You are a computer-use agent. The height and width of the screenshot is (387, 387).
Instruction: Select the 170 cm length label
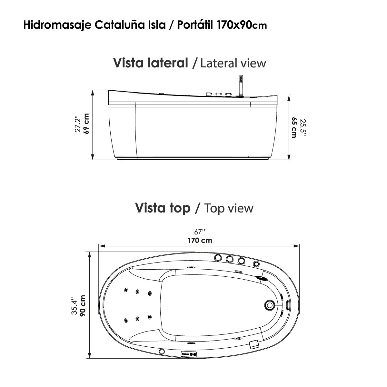point(200,240)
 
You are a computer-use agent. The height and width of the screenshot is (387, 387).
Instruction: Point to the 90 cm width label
point(83,305)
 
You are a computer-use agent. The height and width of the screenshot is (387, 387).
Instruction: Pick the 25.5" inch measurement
point(302,128)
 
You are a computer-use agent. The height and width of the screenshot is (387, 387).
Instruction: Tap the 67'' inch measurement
point(200,232)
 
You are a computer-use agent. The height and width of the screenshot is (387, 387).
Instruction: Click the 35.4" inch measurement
point(74,306)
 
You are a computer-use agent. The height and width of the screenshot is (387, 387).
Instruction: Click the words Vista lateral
point(150,63)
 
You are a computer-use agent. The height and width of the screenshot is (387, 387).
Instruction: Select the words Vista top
point(163,208)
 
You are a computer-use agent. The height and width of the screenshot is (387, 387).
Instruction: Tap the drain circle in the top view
point(269,304)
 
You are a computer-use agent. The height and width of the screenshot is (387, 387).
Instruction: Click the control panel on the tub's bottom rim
point(189,353)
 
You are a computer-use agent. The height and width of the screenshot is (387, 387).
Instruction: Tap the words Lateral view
point(233,63)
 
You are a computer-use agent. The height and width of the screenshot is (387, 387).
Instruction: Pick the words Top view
point(229,208)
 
